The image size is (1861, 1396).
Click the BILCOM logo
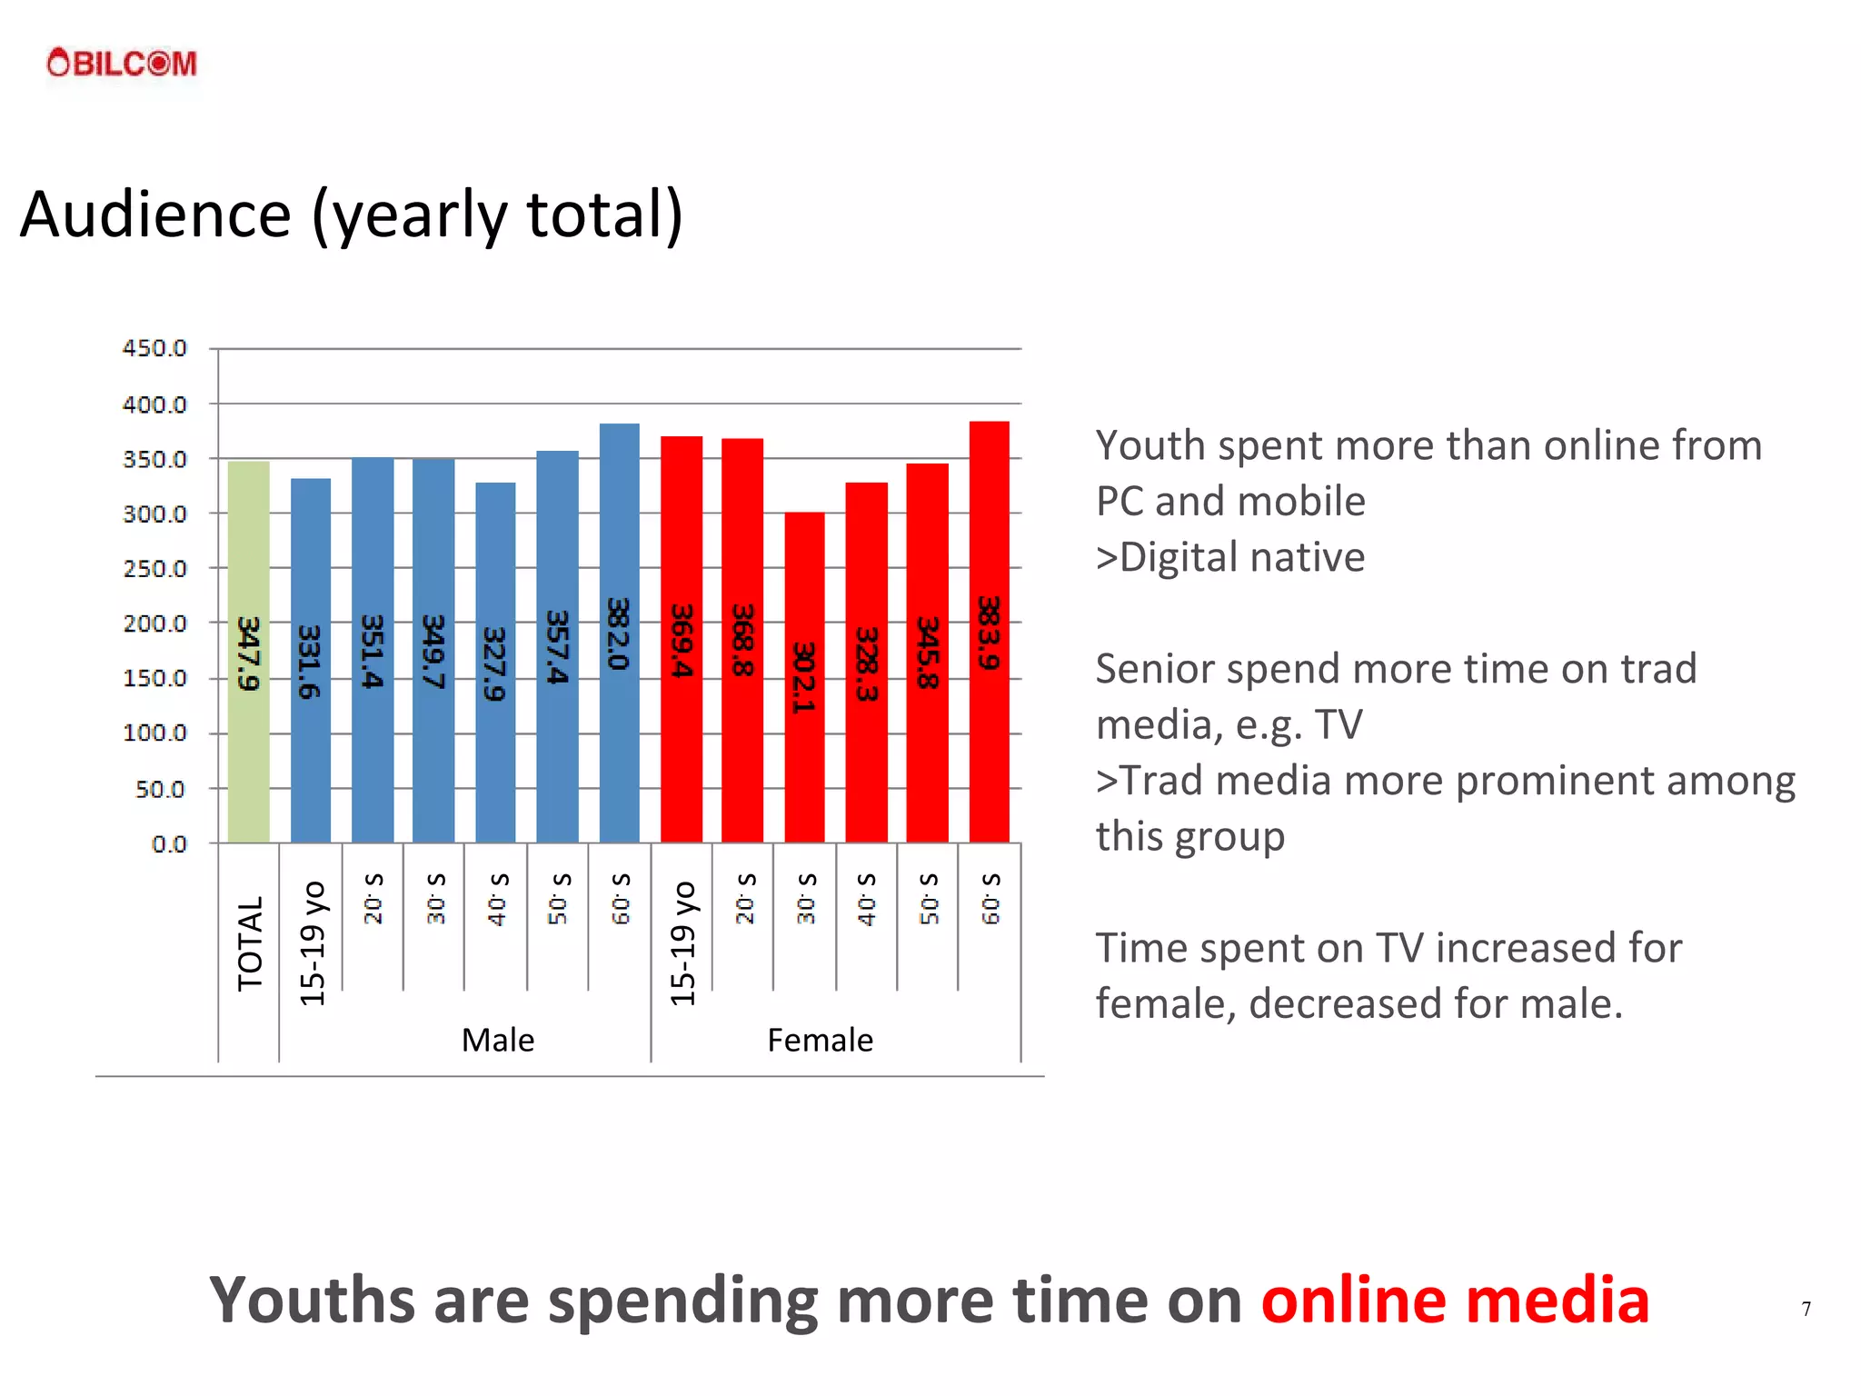[x=122, y=63]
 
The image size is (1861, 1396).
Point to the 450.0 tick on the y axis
[x=154, y=348]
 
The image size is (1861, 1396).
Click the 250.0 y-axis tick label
[x=154, y=569]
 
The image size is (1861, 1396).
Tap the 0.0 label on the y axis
[x=168, y=844]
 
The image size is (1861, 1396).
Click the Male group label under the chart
[x=498, y=1040]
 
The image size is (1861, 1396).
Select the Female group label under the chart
[x=820, y=1040]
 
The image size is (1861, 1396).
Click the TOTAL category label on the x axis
[x=249, y=942]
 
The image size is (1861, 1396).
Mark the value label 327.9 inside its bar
[x=493, y=663]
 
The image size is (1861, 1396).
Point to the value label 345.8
[x=927, y=653]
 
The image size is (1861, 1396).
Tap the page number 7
[x=1806, y=1309]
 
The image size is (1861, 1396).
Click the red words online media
[x=1454, y=1300]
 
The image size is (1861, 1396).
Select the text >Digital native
[x=1229, y=557]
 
